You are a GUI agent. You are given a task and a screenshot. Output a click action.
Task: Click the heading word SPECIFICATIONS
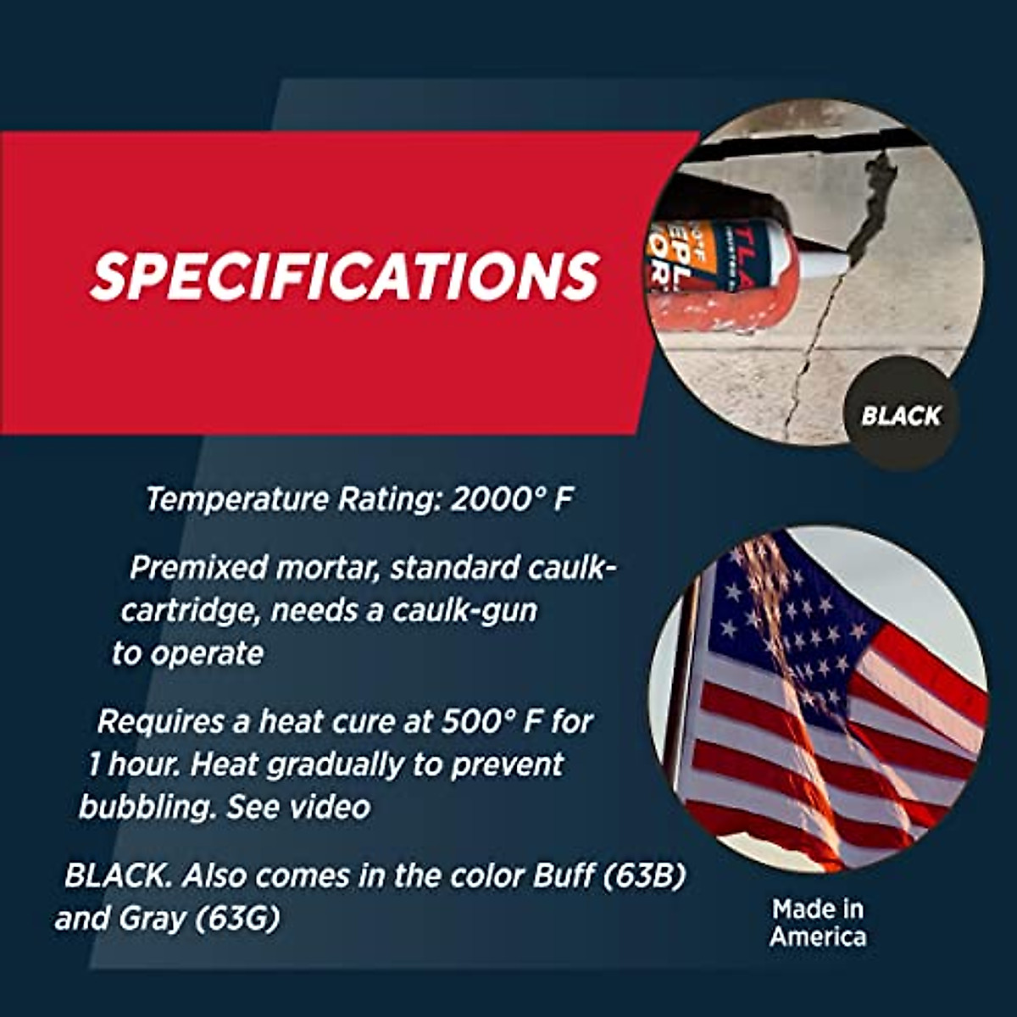click(345, 275)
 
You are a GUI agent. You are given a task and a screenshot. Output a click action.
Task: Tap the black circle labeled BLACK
click(901, 415)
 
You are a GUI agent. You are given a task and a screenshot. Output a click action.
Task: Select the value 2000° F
click(511, 499)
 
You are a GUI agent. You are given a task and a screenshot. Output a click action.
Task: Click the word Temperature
click(237, 500)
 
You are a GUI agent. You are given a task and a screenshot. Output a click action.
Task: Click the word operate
click(207, 655)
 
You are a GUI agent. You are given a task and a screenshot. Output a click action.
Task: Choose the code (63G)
click(236, 920)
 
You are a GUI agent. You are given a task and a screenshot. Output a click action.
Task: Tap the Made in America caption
click(818, 923)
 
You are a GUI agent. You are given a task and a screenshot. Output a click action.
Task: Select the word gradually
click(335, 766)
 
